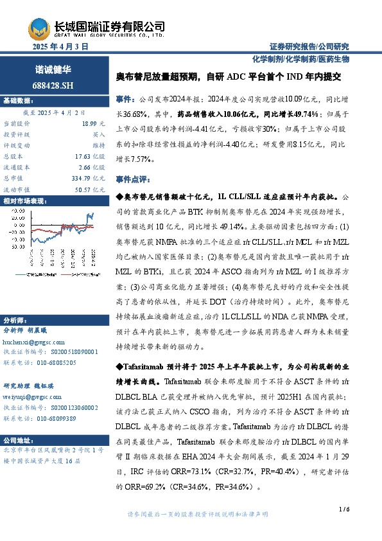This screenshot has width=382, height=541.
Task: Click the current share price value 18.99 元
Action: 94,123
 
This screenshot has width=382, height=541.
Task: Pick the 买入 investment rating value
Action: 98,134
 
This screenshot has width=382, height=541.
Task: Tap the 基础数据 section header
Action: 17,101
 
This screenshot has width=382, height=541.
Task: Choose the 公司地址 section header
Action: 17,441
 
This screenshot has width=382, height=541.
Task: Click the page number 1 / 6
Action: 344,510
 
